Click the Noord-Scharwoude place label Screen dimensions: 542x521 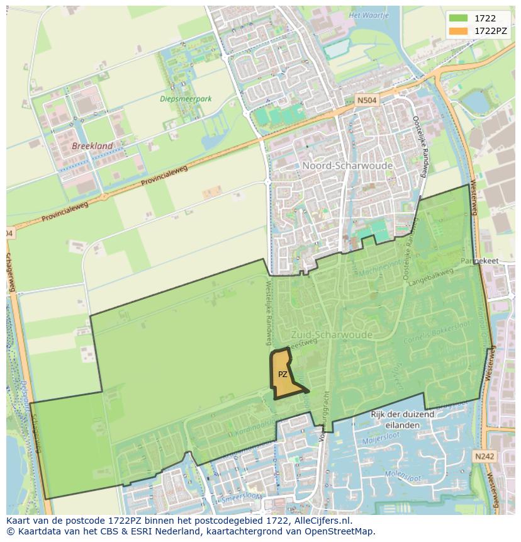click(x=347, y=166)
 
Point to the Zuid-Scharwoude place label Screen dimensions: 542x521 click(x=331, y=334)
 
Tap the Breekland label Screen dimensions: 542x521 click(x=92, y=146)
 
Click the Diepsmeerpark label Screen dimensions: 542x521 click(x=186, y=99)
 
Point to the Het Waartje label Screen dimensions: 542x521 click(x=369, y=15)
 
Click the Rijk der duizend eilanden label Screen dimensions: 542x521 click(x=402, y=419)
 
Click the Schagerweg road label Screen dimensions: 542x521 click(x=11, y=273)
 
